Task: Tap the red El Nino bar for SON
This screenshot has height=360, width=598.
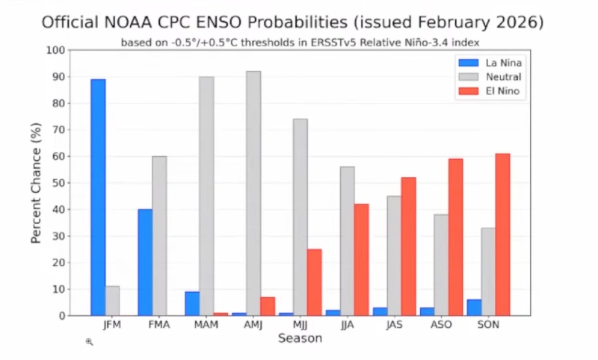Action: [502, 235]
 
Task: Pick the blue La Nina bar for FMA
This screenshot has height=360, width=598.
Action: [145, 262]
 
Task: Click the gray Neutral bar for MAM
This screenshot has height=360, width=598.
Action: [206, 196]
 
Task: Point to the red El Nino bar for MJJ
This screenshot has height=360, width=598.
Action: [314, 282]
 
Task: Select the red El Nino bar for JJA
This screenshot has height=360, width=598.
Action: [361, 260]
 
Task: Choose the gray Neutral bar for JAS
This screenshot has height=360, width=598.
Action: [394, 255]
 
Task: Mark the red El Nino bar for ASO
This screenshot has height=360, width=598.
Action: [455, 237]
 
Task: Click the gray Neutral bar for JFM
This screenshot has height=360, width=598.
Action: [112, 300]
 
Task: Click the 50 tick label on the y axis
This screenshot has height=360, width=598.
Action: [58, 183]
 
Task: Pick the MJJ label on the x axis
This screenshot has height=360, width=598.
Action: [300, 326]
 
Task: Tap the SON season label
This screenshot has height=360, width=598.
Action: [488, 326]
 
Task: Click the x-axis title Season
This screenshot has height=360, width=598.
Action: [300, 339]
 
